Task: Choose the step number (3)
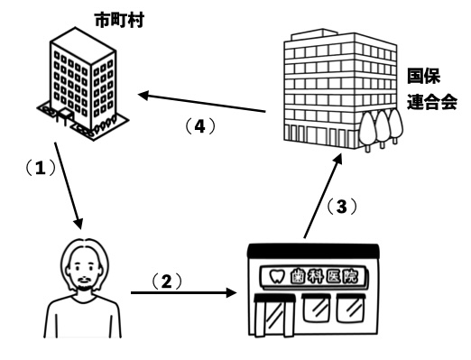(x=342, y=208)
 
